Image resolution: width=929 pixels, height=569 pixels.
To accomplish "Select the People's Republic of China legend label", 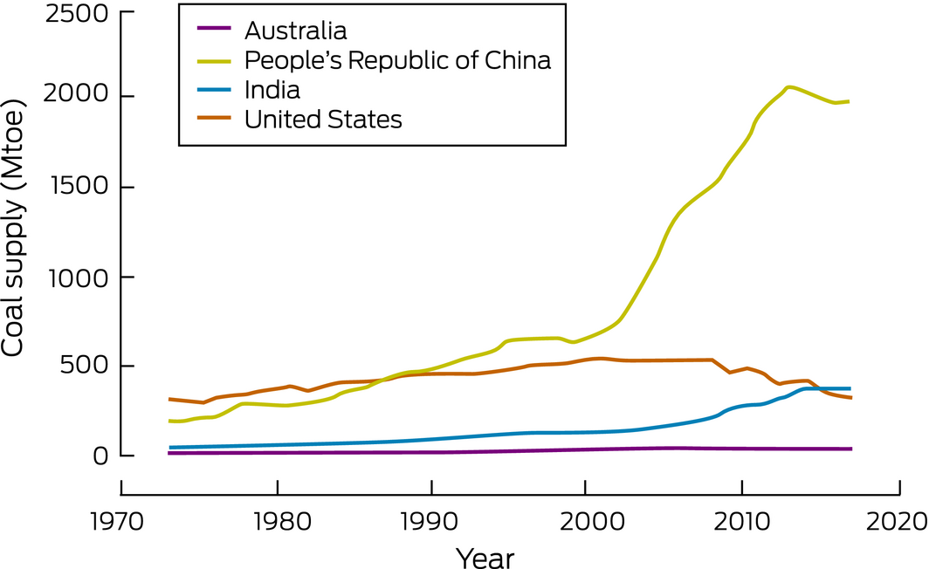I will click(x=397, y=60).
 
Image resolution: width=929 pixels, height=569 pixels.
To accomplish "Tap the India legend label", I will click(x=272, y=90).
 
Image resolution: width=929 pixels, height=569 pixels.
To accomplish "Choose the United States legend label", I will click(x=323, y=120).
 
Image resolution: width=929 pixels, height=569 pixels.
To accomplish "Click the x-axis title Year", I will click(x=485, y=555).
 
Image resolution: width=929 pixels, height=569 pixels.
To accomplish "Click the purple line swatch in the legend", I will click(x=213, y=31).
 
